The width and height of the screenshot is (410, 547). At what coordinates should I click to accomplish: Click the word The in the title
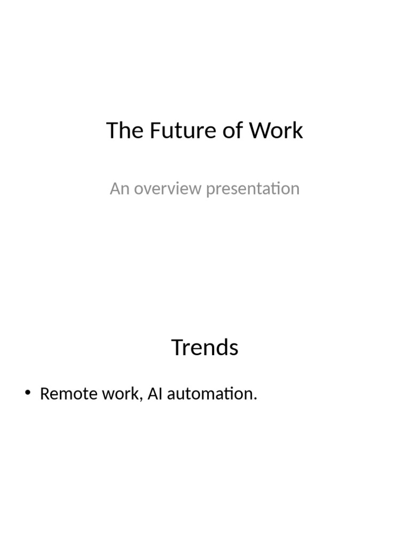click(125, 131)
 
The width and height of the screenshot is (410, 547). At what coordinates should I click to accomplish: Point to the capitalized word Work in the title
click(277, 131)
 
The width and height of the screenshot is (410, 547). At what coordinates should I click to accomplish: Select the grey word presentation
click(253, 189)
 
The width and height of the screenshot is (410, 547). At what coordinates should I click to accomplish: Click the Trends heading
click(205, 348)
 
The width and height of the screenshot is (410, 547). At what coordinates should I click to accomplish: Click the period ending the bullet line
click(256, 399)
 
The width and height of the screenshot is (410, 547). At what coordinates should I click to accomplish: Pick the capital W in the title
click(260, 131)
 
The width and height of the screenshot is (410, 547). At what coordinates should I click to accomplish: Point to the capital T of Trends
click(177, 348)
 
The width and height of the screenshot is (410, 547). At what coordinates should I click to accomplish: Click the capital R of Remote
click(45, 394)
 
